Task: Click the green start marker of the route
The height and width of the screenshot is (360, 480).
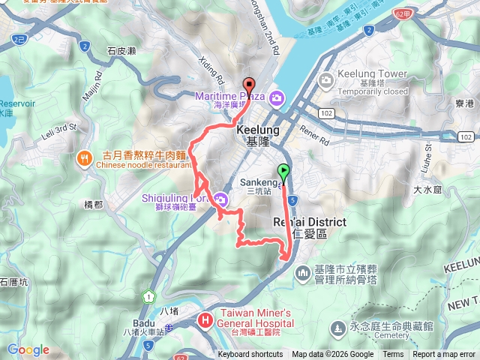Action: [x=283, y=172]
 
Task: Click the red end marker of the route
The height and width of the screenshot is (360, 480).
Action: [x=249, y=85]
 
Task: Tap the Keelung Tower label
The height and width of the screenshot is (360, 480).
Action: [x=372, y=75]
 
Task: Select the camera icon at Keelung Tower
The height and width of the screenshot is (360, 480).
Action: [x=326, y=79]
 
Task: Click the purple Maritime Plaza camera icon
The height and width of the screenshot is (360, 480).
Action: [x=277, y=97]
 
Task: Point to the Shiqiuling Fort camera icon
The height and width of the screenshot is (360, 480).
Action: [x=220, y=199]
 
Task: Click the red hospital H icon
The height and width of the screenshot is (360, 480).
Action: [x=205, y=321]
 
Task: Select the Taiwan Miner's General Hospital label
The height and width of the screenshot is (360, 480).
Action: [x=254, y=316]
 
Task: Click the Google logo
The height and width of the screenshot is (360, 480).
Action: [x=28, y=349]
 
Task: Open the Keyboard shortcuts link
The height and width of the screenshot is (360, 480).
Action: [x=250, y=355]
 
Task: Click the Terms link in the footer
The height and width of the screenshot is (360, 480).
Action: [x=393, y=355]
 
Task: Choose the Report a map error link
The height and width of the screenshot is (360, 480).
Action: [x=445, y=355]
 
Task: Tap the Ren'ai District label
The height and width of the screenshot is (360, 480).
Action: [x=308, y=223]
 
